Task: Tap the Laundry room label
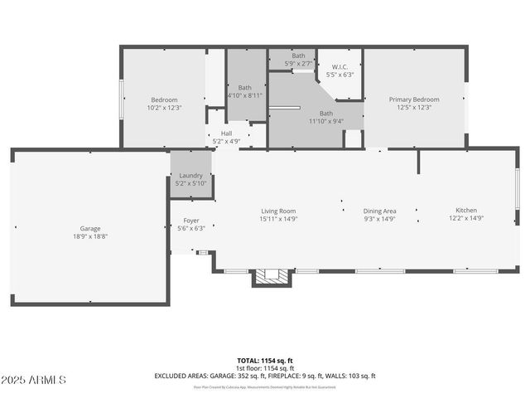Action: [x=190, y=176]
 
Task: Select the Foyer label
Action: [x=191, y=221]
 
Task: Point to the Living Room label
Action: [x=278, y=211]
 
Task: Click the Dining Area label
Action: [x=379, y=211]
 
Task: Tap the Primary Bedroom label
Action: [x=414, y=99]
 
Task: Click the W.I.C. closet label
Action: [x=340, y=67]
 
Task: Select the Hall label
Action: [x=226, y=133]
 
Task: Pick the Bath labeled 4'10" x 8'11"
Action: [x=245, y=87]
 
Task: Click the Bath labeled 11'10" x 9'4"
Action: [x=326, y=114]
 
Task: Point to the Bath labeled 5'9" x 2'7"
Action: [x=298, y=56]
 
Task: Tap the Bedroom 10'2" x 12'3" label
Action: [x=164, y=99]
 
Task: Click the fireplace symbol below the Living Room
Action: [x=271, y=278]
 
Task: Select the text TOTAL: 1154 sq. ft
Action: [x=265, y=361]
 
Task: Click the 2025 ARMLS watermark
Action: [x=34, y=380]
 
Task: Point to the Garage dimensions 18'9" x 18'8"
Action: [x=90, y=236]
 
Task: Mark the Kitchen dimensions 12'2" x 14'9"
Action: [x=466, y=219]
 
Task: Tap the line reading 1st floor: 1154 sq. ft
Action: [x=265, y=368]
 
